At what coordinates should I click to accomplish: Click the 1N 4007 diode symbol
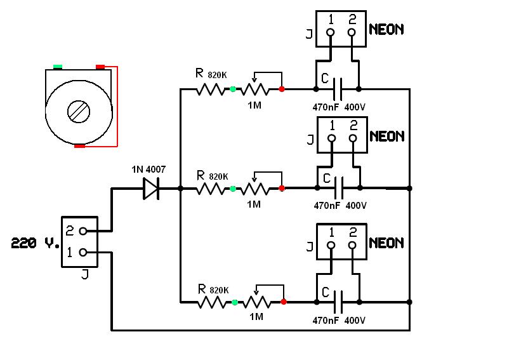pyautogui.click(x=151, y=189)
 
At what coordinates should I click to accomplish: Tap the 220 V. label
pyautogui.click(x=36, y=243)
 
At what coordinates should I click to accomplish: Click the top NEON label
pyautogui.click(x=386, y=29)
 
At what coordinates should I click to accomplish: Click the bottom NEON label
pyautogui.click(x=386, y=243)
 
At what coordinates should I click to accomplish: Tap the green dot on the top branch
pyautogui.click(x=233, y=89)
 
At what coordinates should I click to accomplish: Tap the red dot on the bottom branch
pyautogui.click(x=283, y=302)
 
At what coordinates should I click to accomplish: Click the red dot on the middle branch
pyautogui.click(x=282, y=189)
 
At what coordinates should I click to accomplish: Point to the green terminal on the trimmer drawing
pyautogui.click(x=58, y=66)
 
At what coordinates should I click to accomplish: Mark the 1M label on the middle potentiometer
pyautogui.click(x=254, y=204)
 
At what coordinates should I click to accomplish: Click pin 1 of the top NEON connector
pyautogui.click(x=331, y=32)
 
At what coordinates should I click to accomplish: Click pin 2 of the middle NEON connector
pyautogui.click(x=353, y=139)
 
